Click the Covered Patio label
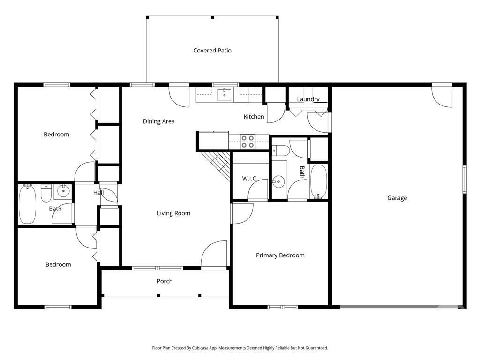click(x=212, y=51)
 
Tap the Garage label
click(x=397, y=198)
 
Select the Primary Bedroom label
click(x=280, y=255)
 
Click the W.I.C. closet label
click(x=249, y=179)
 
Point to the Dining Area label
click(x=159, y=121)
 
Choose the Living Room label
click(x=173, y=213)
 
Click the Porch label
click(x=165, y=281)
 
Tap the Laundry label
click(x=308, y=99)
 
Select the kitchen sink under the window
click(x=225, y=94)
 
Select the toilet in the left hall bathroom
click(x=46, y=193)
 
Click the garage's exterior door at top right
click(x=442, y=96)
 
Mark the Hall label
click(x=98, y=193)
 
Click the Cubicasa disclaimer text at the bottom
click(x=240, y=348)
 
